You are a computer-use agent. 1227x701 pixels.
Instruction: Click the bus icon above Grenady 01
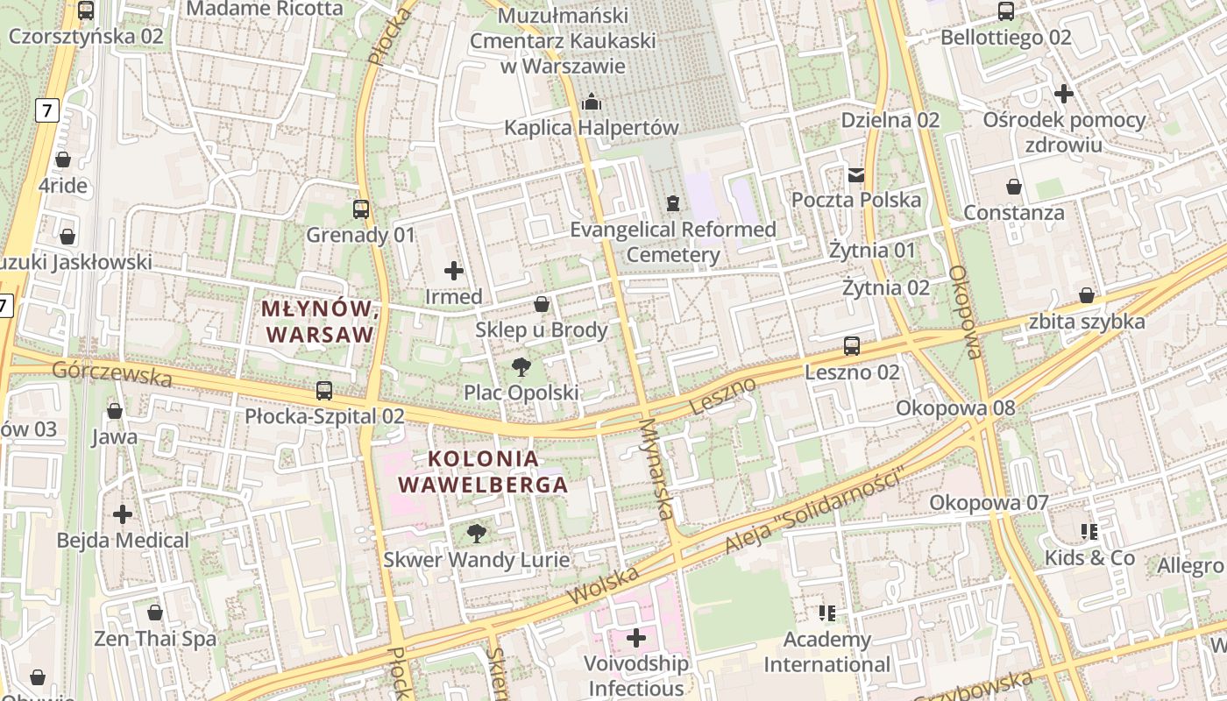[x=360, y=209]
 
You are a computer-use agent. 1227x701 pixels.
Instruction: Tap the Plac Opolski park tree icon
[x=521, y=366]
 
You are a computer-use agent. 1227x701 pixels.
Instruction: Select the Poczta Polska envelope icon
[x=856, y=174]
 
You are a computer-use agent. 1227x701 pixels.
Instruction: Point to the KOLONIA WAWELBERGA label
[x=483, y=471]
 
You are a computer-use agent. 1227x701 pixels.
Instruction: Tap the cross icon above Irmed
[x=454, y=271]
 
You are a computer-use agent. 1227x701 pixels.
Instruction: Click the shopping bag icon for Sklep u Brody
[x=542, y=304]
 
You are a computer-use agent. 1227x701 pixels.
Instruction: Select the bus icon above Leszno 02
[x=852, y=346]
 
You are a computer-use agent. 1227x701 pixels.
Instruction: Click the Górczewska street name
[x=111, y=373]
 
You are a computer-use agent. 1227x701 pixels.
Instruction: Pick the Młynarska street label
[x=660, y=469]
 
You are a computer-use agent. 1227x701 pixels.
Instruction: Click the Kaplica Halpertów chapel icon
[x=592, y=102]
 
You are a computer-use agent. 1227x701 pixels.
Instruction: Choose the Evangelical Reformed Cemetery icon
[x=672, y=203]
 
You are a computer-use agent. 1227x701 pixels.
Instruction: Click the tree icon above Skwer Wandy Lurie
[x=476, y=533]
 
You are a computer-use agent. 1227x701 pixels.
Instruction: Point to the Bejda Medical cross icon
[x=123, y=514]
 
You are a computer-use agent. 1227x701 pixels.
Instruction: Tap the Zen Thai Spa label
[x=155, y=639]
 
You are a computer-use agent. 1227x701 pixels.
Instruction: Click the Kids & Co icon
[x=1089, y=531]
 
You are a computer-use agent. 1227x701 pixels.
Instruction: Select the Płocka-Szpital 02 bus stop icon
[x=324, y=391]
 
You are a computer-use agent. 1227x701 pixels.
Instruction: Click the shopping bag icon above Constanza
[x=1014, y=187]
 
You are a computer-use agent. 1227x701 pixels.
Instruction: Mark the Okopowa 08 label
[x=955, y=407]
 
